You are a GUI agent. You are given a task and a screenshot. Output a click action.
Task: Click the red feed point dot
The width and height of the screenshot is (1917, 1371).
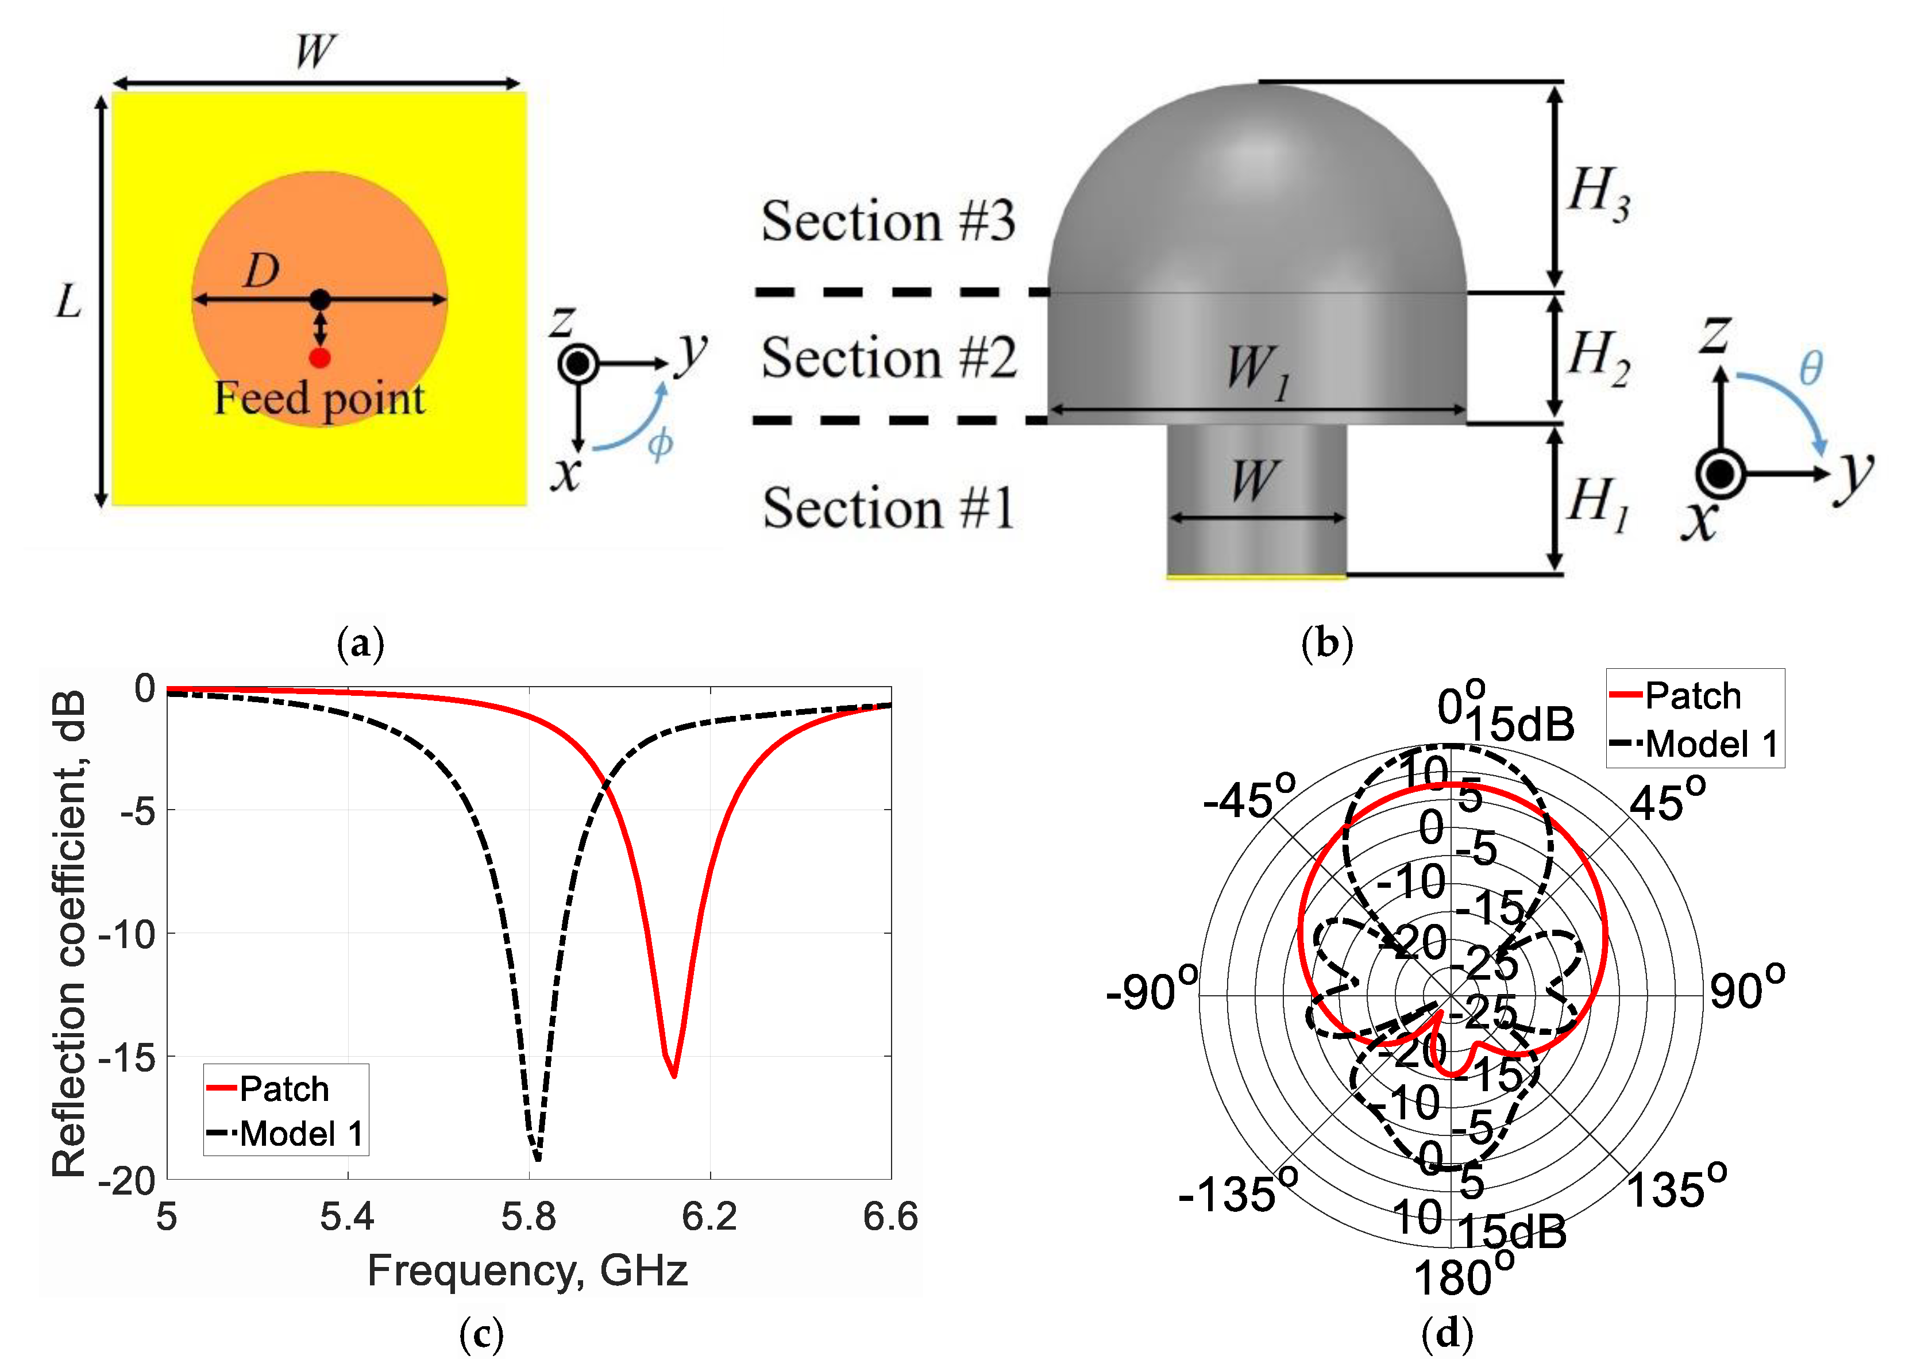click(x=319, y=358)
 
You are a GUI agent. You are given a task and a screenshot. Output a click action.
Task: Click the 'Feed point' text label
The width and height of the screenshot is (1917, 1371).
click(x=319, y=398)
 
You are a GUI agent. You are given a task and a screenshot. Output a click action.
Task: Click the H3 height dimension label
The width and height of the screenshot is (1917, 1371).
click(x=1599, y=193)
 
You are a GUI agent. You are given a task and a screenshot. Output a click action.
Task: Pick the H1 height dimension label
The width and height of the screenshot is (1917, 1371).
click(x=1599, y=503)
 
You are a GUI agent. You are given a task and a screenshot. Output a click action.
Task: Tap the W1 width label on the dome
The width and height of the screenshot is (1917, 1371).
click(x=1258, y=371)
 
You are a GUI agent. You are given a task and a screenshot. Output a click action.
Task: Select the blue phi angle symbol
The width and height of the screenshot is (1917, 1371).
click(x=660, y=443)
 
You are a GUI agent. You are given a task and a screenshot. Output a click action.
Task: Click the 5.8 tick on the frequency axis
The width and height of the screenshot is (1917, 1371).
click(x=529, y=1216)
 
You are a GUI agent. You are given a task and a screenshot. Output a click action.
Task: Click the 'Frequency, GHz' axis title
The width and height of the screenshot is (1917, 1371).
click(x=527, y=1270)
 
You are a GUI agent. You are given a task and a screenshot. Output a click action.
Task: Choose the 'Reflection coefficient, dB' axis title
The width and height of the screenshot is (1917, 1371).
click(x=69, y=933)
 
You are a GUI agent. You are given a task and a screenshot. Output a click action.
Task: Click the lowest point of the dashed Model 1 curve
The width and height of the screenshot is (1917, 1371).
click(x=538, y=1158)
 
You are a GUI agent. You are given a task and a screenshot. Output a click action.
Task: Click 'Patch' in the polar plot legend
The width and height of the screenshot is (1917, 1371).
click(x=1692, y=696)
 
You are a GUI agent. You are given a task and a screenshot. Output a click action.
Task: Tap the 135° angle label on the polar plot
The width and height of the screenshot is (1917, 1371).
click(x=1676, y=1189)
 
